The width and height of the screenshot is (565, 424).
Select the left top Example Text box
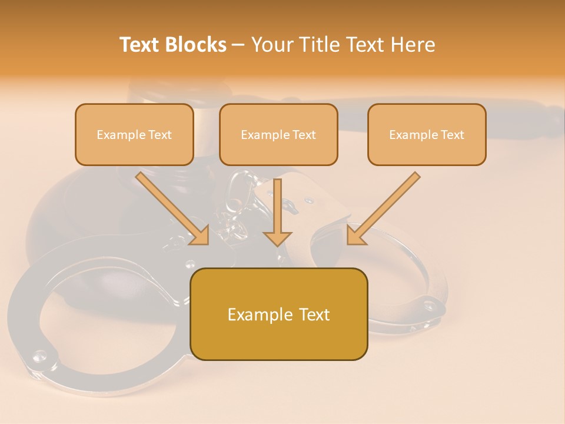[134, 134]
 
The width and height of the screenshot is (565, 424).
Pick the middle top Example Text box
[278, 134]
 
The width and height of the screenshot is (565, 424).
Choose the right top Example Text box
[427, 134]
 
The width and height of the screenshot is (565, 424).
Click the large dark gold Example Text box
[278, 314]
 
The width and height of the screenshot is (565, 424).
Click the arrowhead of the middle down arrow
[277, 238]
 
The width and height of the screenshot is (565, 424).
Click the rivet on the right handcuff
[428, 304]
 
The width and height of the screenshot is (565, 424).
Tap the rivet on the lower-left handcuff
[39, 355]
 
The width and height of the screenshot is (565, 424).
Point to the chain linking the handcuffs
[235, 206]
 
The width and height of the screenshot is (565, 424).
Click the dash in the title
[238, 45]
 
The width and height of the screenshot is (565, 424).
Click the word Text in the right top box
[451, 135]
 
